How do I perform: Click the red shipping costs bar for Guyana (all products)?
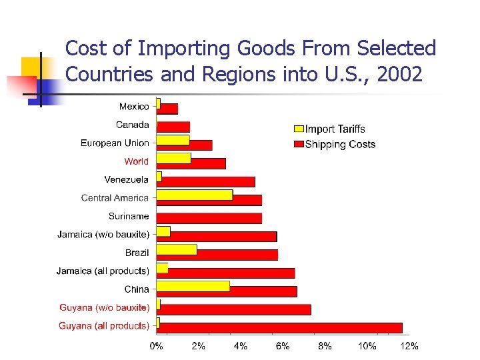280,328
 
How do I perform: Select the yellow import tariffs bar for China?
193,286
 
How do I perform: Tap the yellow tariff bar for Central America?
195,195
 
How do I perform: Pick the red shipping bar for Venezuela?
207,181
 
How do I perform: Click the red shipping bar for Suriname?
209,218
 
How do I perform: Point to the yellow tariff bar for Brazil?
177,249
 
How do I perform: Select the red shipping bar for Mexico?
167,109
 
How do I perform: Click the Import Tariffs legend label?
335,129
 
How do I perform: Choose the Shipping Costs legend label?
340,145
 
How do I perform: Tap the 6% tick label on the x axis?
283,346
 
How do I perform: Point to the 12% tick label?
408,346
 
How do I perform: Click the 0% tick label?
157,346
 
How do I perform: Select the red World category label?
136,161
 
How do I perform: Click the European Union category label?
115,143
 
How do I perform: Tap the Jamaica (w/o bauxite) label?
103,234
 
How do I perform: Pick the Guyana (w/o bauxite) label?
104,307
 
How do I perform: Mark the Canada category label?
132,125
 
